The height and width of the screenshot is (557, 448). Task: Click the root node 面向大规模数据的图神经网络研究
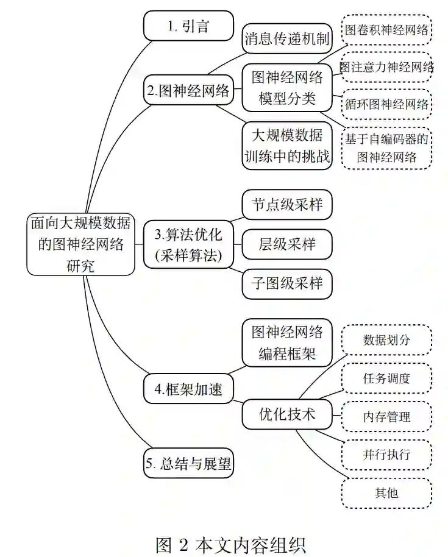80,243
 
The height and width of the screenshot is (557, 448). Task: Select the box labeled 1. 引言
188,26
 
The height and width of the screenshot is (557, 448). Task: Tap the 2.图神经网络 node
188,91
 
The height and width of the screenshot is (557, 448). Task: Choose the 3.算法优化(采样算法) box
188,244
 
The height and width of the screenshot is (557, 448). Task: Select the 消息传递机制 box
287,40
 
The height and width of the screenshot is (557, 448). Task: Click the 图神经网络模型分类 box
287,88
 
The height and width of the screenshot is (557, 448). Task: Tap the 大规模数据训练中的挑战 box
287,146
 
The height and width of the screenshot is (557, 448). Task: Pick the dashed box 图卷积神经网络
386,29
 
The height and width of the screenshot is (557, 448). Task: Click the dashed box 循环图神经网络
386,104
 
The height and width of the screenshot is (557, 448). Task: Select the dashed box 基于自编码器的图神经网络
386,148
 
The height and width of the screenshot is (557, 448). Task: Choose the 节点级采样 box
287,205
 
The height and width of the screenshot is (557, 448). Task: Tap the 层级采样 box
287,244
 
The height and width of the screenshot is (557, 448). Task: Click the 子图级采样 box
287,283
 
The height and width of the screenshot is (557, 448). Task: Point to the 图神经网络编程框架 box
287,342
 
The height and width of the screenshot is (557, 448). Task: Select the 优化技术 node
287,414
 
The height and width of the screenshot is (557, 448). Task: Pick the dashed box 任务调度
386,378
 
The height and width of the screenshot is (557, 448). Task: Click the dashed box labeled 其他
386,492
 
